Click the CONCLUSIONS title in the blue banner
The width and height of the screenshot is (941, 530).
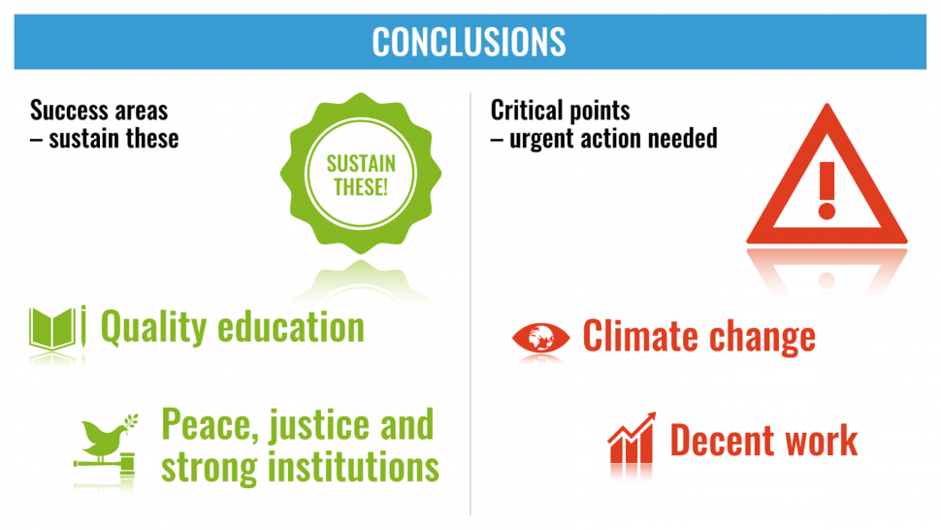tap(469, 42)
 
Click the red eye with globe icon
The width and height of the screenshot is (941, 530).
tap(540, 338)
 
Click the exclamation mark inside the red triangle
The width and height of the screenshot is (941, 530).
tap(827, 190)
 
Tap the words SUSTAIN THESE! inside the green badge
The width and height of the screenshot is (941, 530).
tap(361, 175)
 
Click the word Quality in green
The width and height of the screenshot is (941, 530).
tap(153, 328)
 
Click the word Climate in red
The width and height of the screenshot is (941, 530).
tap(641, 336)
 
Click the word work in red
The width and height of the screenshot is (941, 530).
tap(821, 441)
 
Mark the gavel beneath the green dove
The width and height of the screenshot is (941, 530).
tap(105, 464)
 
